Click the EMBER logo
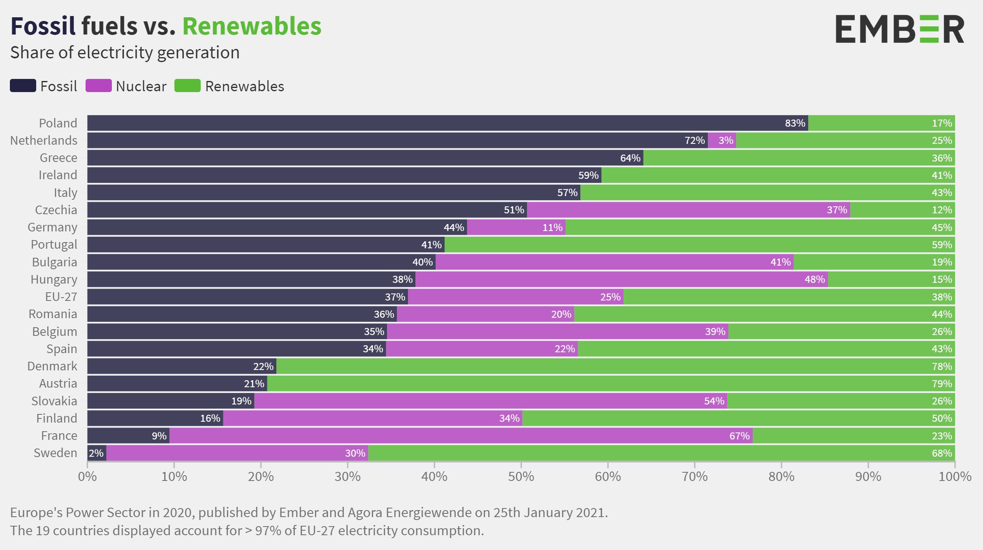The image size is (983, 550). (x=900, y=29)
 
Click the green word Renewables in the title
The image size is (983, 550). (x=252, y=26)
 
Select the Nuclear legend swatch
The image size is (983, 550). (x=98, y=86)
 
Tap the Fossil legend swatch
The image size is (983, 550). (x=23, y=86)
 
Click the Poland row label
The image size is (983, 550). (x=58, y=123)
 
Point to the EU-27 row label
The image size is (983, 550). (x=61, y=296)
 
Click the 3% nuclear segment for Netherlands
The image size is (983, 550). (x=722, y=141)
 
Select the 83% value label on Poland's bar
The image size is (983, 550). (x=795, y=123)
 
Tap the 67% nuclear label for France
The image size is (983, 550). (x=739, y=436)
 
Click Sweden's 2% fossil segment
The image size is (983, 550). (x=97, y=453)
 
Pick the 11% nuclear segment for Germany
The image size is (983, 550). (x=516, y=227)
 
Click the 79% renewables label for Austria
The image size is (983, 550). (x=941, y=384)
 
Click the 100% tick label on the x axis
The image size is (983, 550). (x=955, y=476)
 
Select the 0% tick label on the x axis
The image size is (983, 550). (x=87, y=476)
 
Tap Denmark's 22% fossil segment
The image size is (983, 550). (x=182, y=366)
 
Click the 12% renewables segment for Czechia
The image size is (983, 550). (x=902, y=210)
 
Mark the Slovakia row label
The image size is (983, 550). (x=54, y=401)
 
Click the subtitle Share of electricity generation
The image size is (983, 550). (x=125, y=53)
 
